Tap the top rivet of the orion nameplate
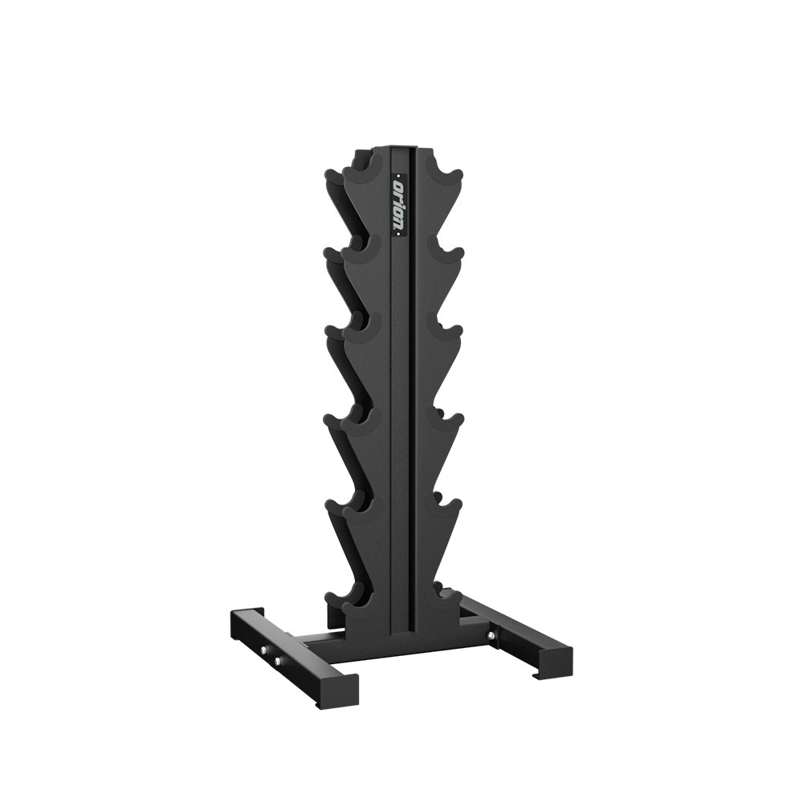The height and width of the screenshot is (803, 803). click(x=399, y=173)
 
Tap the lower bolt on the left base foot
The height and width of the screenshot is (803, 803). click(x=279, y=660)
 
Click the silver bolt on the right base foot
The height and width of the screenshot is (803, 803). click(x=491, y=636)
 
